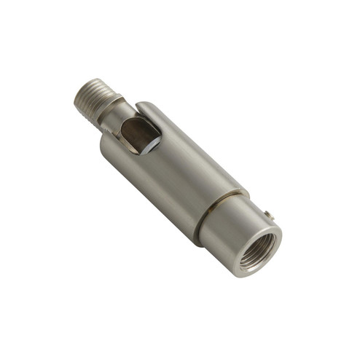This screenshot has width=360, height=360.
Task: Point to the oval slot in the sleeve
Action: point(139,134)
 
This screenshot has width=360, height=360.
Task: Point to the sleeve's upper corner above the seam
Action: point(244,192)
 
